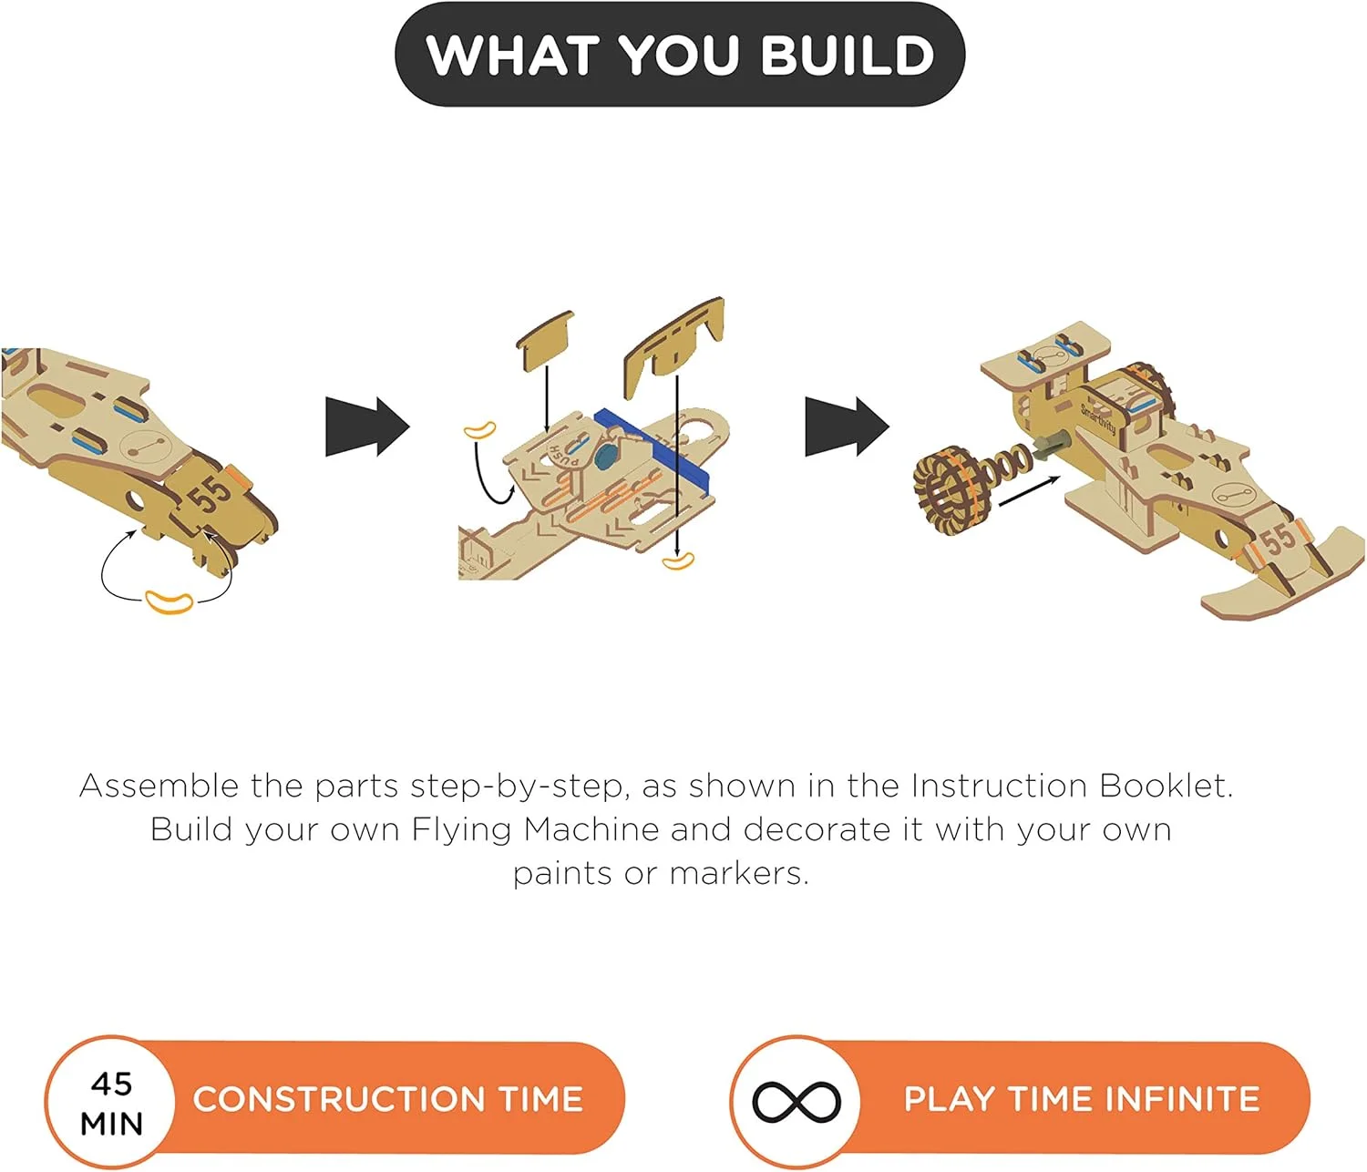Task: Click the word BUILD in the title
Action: click(x=848, y=55)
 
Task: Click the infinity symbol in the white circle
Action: click(x=797, y=1102)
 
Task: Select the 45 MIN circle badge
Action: click(x=111, y=1102)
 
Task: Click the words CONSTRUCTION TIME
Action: click(x=388, y=1099)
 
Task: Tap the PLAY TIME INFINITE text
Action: click(x=1082, y=1099)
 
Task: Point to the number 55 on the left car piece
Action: click(x=210, y=494)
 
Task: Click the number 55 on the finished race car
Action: click(x=1277, y=539)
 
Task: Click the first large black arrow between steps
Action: click(x=367, y=427)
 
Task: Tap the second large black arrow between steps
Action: click(x=848, y=427)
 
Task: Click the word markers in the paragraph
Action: click(x=739, y=874)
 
